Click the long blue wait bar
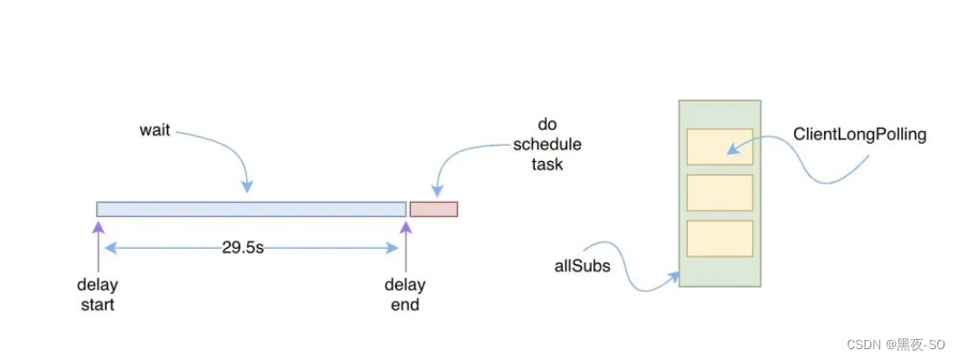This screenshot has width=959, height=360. coord(252,209)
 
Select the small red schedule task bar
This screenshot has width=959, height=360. coord(433,209)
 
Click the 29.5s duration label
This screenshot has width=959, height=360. coord(242,248)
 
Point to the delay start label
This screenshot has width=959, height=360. coord(98,295)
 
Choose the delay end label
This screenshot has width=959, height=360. coord(405,295)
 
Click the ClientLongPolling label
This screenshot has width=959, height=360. coord(859,135)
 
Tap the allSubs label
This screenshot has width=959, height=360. coord(583,267)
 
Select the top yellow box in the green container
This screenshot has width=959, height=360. coord(720,147)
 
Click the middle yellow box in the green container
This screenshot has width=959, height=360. coord(720,193)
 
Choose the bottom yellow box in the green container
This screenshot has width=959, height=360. coord(720,239)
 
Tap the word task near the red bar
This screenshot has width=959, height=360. coord(546,164)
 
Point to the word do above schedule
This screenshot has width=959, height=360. coord(546,126)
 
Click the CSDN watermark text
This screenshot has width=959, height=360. coord(896,345)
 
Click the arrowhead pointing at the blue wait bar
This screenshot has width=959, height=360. coord(247,187)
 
